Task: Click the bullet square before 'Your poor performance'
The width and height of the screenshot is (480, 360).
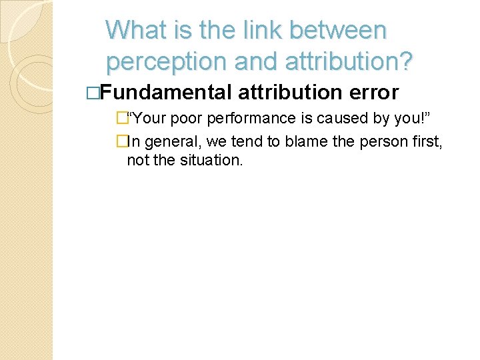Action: coord(121,119)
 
